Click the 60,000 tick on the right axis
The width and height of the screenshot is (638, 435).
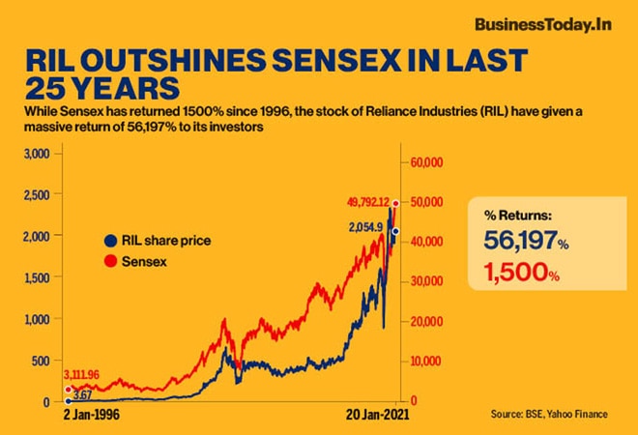427,162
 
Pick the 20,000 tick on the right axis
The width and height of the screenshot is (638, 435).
427,321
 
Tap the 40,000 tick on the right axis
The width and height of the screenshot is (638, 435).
427,242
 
